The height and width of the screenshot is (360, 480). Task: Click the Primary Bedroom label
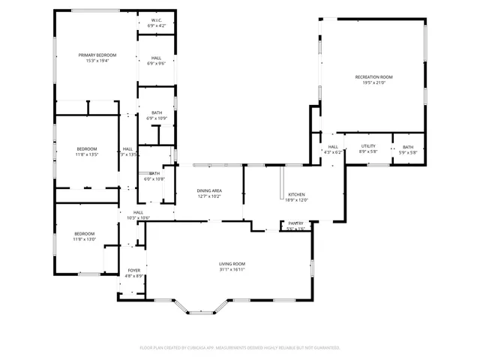pos(99,55)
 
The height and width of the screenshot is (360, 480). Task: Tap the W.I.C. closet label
pos(157,20)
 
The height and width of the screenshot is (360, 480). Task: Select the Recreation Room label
pos(373,76)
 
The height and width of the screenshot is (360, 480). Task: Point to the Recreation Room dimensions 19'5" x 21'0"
pos(373,82)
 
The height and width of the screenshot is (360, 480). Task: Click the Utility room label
pos(368,146)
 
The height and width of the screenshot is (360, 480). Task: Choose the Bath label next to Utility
pos(408,146)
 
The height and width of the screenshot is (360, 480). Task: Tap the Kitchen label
pos(297,194)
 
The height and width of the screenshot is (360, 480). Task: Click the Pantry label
pos(296,223)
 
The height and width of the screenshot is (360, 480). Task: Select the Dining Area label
pos(209,190)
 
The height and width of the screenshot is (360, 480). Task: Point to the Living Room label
pos(232,263)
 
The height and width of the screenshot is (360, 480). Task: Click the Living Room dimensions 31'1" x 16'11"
pos(232,269)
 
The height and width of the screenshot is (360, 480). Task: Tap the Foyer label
pos(134,270)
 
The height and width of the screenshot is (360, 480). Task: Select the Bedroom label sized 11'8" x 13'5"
pos(86,148)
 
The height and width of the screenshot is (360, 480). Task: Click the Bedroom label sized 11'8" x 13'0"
pos(84,233)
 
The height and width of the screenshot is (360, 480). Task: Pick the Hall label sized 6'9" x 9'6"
pos(156,58)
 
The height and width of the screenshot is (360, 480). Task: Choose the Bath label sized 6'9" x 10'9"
pos(157,112)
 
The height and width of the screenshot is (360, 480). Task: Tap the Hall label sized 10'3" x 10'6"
pos(139,212)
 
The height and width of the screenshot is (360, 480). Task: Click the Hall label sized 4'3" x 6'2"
pos(333,146)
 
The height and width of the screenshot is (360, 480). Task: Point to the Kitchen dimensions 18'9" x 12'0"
pos(297,200)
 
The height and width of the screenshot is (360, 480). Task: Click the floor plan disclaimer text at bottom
pos(240,348)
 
